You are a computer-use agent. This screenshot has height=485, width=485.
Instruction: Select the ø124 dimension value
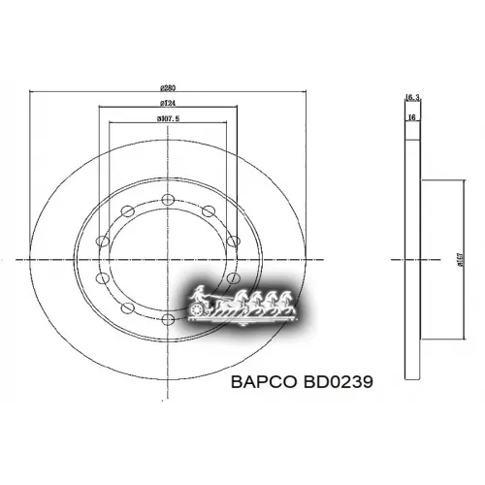tap(167, 104)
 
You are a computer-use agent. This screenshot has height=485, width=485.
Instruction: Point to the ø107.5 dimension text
tap(168, 118)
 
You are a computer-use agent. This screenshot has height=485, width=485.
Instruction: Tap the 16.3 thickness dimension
tap(411, 97)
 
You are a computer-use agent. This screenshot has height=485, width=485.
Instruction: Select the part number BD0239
tap(339, 382)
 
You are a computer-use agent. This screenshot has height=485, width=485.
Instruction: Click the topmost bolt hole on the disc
tap(167, 199)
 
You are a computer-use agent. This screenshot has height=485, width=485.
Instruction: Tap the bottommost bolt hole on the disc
tap(167, 319)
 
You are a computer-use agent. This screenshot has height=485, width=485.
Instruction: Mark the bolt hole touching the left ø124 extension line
tap(102, 241)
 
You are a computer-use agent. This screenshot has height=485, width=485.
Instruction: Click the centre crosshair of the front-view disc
tap(167, 259)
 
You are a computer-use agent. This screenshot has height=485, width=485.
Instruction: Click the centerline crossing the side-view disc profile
tap(411, 259)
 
